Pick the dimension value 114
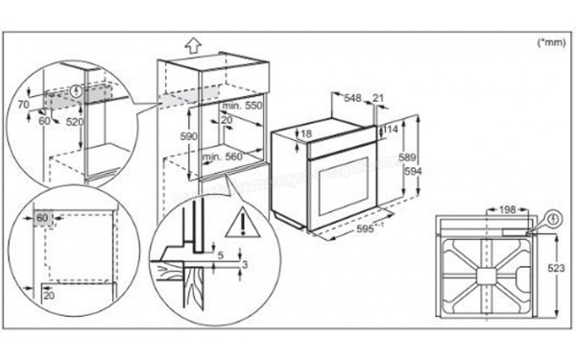coord(392,130)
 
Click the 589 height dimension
coord(408,156)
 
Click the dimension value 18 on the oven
coord(305,134)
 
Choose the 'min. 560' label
coord(223,155)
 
